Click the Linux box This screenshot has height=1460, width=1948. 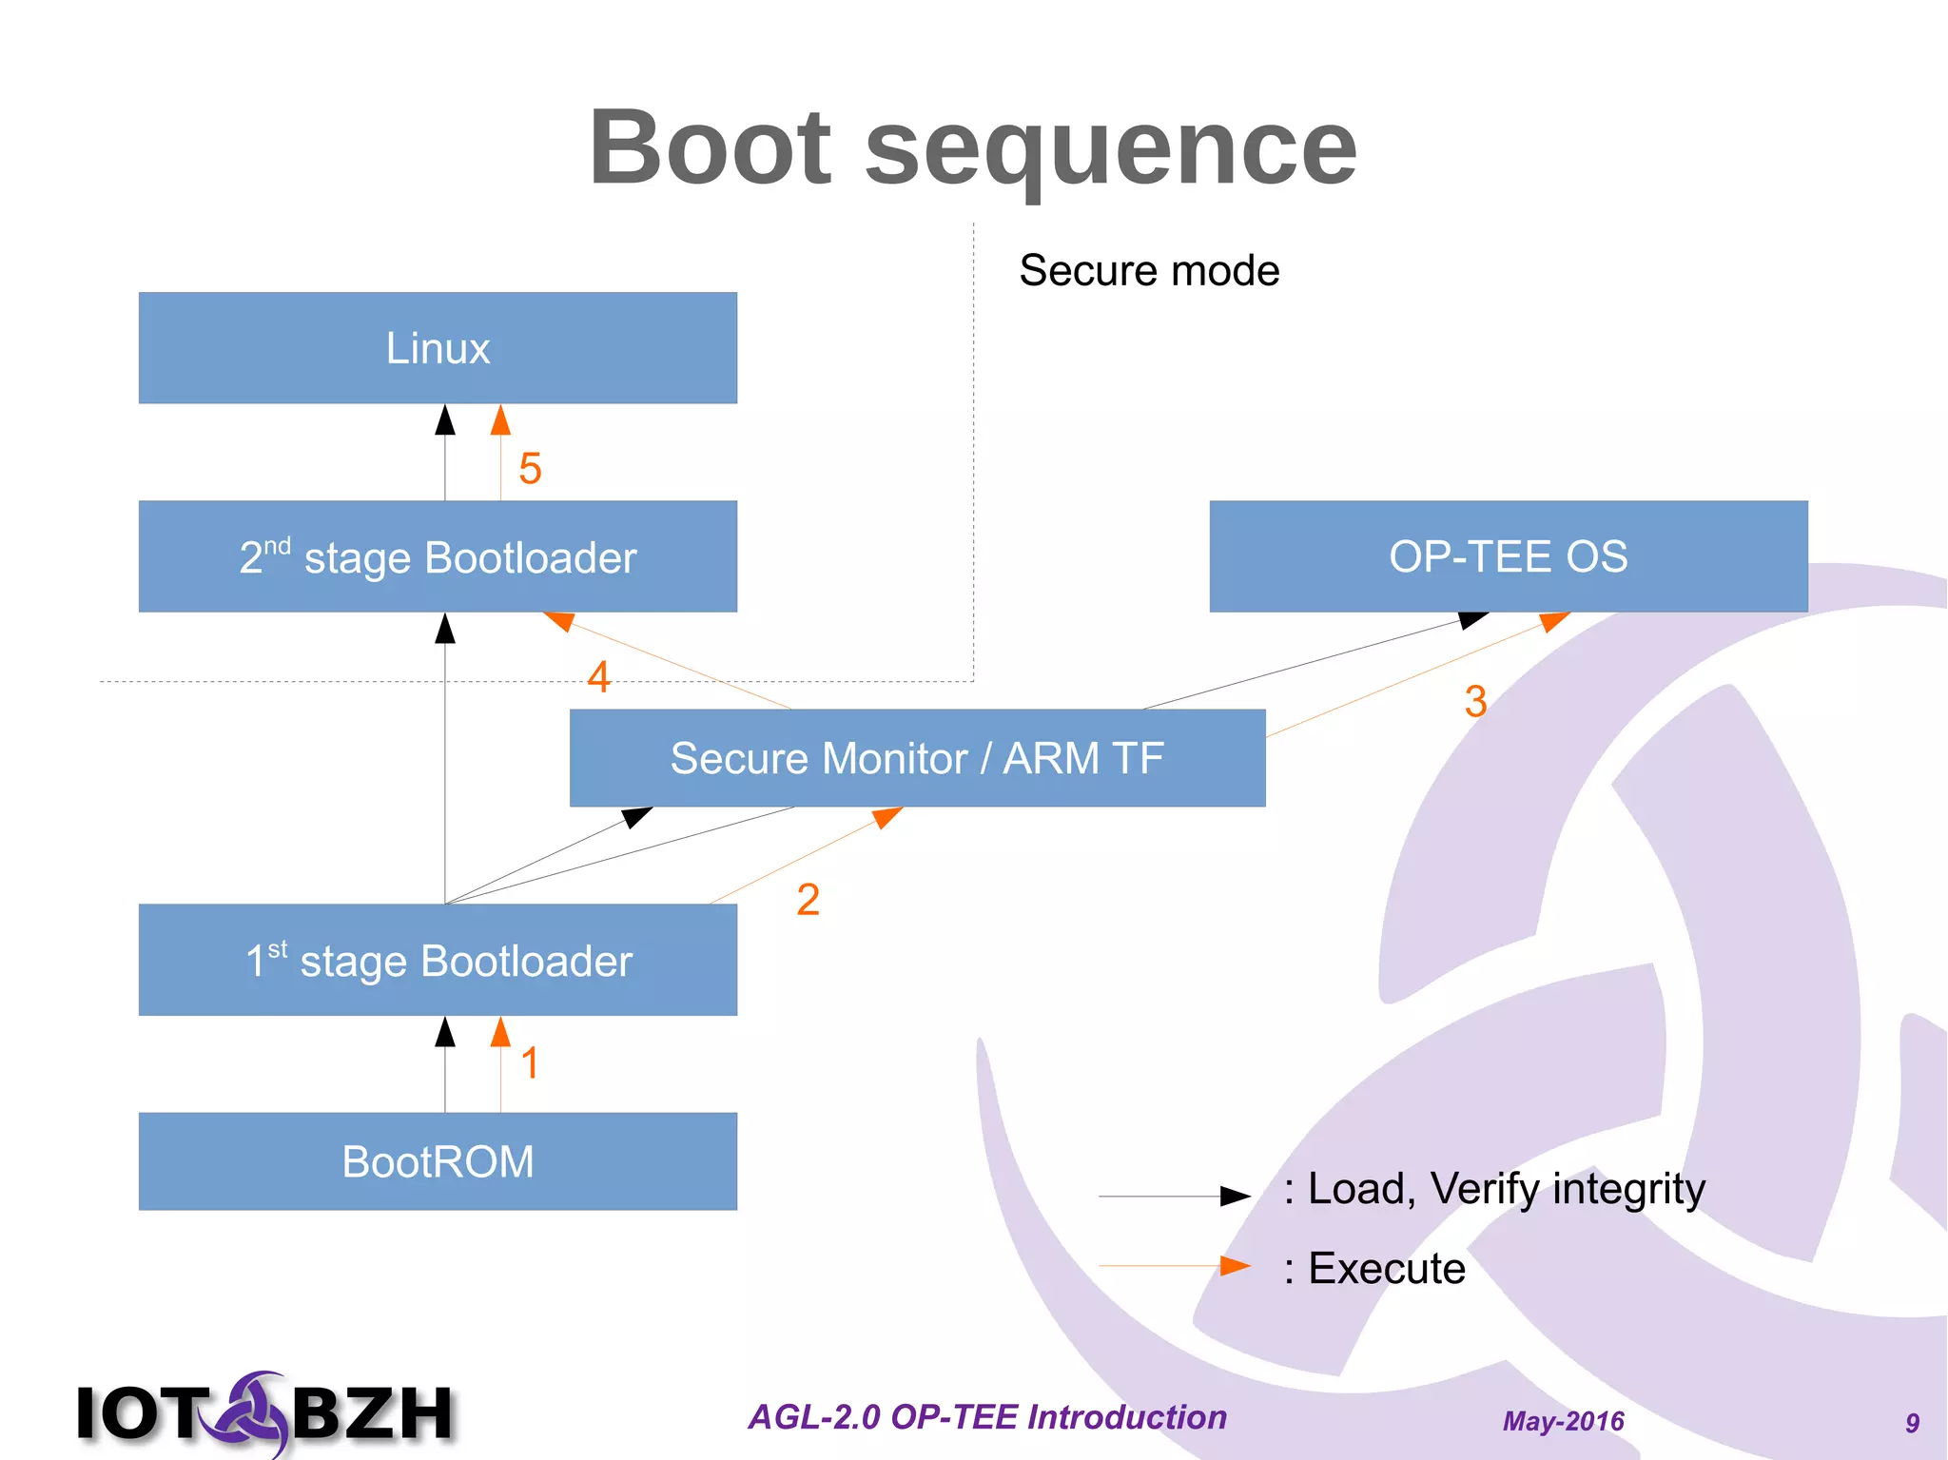coord(438,348)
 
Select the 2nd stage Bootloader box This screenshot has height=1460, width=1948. coord(438,556)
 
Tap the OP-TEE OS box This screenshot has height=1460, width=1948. coord(1508,556)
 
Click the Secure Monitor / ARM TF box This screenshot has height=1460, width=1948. coord(917,758)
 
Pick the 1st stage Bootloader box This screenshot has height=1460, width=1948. coord(438,960)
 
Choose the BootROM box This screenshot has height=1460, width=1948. coord(438,1161)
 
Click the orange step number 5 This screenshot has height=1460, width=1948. coord(530,469)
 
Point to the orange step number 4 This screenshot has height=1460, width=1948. coord(598,677)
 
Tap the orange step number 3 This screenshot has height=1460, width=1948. coord(1475,702)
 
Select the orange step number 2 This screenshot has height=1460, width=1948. coord(808,900)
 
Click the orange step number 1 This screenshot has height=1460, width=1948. coord(530,1063)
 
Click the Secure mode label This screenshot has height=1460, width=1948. coord(1149,271)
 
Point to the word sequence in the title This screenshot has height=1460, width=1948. coord(1110,148)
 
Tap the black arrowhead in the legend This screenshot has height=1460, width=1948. coord(1235,1196)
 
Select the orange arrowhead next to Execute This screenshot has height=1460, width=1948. coord(1235,1266)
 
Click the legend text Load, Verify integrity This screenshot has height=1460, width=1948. coord(1506,1189)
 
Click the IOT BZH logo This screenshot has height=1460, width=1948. coord(265,1412)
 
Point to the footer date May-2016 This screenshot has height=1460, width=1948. coord(1563,1421)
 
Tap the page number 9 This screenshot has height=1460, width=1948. coord(1912,1423)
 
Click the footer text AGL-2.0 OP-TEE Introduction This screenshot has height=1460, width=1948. coord(987,1417)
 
